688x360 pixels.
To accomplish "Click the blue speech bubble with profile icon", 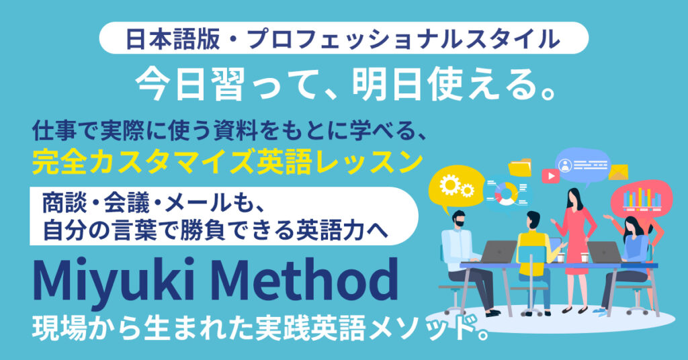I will point(582,165).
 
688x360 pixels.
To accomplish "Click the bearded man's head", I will point(459,220).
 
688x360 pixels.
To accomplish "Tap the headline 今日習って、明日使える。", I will point(343,84).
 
